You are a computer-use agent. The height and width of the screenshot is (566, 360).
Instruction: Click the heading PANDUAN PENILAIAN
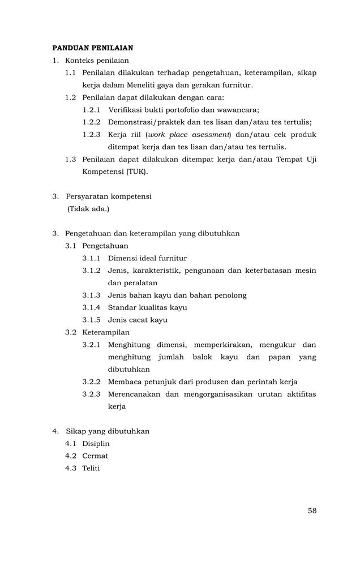(92, 48)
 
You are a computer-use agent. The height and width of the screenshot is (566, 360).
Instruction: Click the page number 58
(312, 511)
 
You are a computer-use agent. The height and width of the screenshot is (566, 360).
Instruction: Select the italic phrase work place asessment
(188, 135)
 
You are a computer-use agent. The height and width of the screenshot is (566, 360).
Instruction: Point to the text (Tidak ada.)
(88, 209)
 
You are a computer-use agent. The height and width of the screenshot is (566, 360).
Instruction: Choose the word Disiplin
(96, 444)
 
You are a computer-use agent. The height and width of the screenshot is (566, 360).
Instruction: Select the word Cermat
(95, 456)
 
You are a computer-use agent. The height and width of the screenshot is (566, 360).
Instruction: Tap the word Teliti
(91, 469)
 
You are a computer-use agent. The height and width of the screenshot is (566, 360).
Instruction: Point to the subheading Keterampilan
(105, 332)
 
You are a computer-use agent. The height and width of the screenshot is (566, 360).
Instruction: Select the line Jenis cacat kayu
(138, 320)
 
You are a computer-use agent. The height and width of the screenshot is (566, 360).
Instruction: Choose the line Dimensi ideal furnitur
(147, 258)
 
